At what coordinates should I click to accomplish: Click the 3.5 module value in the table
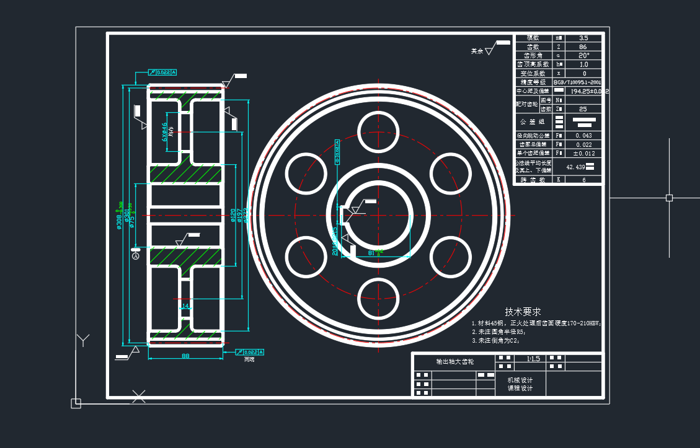pos(583,38)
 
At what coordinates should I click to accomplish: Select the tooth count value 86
pos(583,46)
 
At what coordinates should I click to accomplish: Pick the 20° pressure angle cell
pos(583,55)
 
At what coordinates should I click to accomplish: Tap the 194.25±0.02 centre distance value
pos(581,91)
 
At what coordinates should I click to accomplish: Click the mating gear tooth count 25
pos(583,108)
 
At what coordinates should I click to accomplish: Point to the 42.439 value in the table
pos(576,167)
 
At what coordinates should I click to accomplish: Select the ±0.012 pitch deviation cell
pos(583,153)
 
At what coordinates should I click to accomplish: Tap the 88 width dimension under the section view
pos(185,356)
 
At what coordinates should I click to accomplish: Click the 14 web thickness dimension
pos(185,305)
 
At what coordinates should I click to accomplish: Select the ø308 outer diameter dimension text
pos(119,216)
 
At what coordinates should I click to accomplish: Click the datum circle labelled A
pos(136,256)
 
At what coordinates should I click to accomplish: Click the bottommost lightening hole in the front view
pos(378,298)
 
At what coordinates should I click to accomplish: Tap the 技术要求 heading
pos(523,311)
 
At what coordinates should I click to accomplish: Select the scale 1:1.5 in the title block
pos(533,359)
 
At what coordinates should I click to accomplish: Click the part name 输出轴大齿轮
pos(455,361)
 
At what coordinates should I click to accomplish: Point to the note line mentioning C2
pos(495,340)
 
